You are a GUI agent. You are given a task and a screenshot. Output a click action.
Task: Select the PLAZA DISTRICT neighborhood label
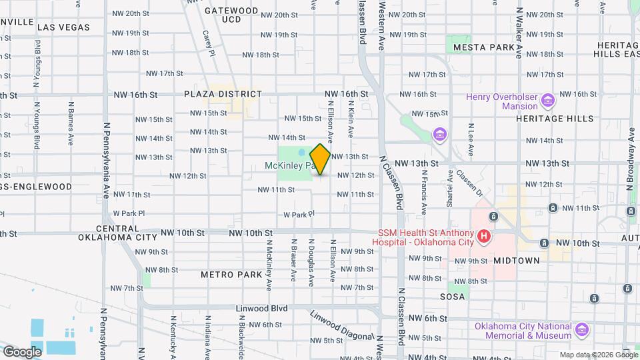(223, 95)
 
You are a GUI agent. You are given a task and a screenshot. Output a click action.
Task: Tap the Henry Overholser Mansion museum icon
(548, 101)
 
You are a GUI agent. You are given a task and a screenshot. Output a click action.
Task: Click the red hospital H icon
(485, 236)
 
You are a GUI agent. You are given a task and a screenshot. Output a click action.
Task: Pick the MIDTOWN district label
(517, 261)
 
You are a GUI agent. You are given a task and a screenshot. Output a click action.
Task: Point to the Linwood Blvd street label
(261, 309)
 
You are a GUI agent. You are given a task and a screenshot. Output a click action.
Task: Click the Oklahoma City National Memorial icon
(581, 330)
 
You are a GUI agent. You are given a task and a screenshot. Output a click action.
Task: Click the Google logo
(22, 351)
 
